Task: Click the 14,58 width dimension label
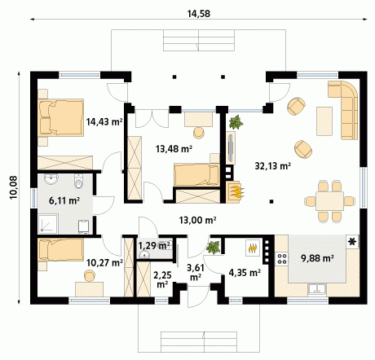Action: (198, 14)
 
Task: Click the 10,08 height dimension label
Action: (14, 187)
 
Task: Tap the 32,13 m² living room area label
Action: (273, 165)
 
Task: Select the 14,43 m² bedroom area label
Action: (104, 122)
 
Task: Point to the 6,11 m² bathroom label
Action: (64, 200)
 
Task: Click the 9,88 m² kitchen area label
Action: (317, 258)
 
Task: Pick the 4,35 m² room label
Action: (245, 272)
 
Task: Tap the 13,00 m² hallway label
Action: (197, 220)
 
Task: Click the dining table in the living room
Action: (329, 201)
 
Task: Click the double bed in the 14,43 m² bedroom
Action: (60, 117)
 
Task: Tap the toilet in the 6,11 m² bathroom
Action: (78, 182)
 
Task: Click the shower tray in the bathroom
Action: (48, 224)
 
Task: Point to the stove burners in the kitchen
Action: (282, 258)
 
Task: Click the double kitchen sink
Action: (316, 289)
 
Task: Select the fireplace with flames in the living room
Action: (233, 192)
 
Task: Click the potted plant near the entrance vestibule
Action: (214, 248)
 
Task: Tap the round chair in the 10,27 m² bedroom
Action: (90, 276)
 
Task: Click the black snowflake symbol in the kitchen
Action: (352, 241)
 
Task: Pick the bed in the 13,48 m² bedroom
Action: (196, 174)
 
